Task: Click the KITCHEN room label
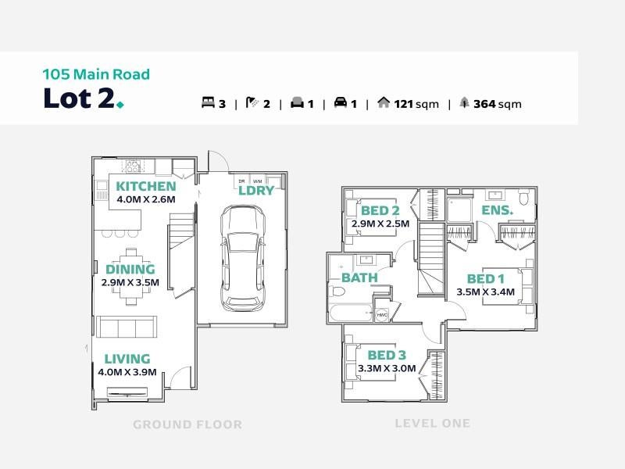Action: (x=146, y=186)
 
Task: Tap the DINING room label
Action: (x=130, y=269)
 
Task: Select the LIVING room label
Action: (x=127, y=359)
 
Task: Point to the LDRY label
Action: (x=256, y=191)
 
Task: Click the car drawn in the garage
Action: (x=243, y=259)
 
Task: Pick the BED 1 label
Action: (x=485, y=279)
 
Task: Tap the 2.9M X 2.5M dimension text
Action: (x=380, y=224)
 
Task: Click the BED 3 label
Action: (x=387, y=355)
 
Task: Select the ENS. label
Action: (x=497, y=210)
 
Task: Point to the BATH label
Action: (x=359, y=277)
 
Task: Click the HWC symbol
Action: (x=382, y=315)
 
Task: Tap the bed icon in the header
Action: (x=208, y=103)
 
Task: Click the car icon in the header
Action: (x=341, y=102)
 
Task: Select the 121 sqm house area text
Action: (x=416, y=104)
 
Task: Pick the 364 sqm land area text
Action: (x=498, y=104)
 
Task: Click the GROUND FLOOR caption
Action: (x=187, y=424)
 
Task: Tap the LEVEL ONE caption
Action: (x=433, y=424)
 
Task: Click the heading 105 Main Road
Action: (x=96, y=74)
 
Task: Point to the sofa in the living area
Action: (x=127, y=327)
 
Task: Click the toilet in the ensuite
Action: (x=523, y=198)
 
